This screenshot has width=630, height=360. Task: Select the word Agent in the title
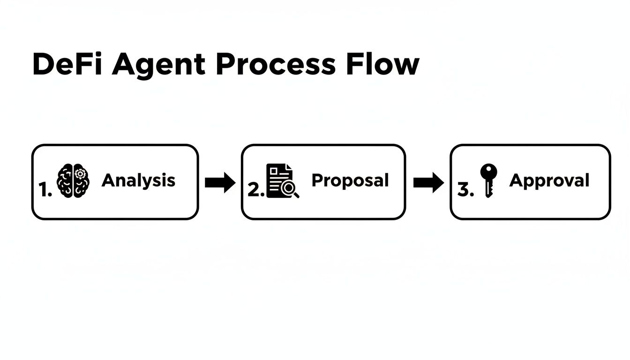point(158,65)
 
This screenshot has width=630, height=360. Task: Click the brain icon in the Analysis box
point(73,180)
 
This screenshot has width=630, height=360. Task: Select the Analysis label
point(138,180)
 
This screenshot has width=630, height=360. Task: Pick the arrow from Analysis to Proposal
point(220,182)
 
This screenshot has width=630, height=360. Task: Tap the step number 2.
point(256,190)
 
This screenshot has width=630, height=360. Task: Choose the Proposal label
point(350,180)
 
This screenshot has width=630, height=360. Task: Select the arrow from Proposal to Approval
point(428,182)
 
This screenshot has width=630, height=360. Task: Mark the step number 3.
point(465,190)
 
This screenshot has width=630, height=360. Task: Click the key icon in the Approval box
point(489,180)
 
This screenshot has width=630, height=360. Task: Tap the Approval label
point(549,181)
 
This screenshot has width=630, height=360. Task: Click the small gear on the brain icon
point(81,174)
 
